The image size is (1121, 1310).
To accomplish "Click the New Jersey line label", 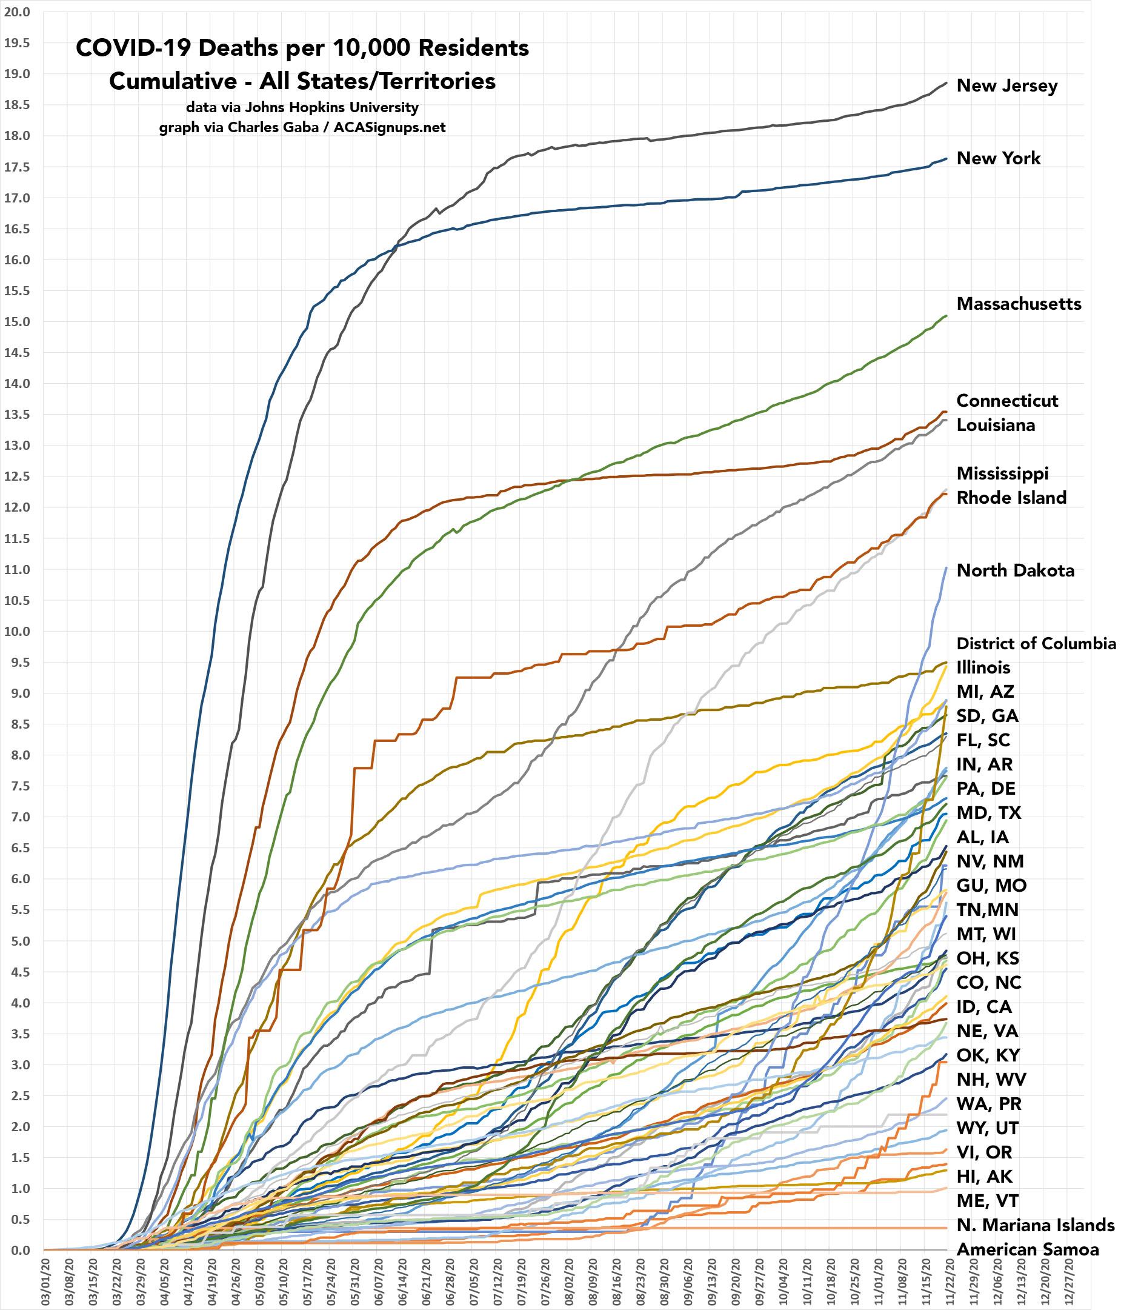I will [x=1006, y=86].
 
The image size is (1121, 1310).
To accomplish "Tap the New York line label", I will [x=999, y=158].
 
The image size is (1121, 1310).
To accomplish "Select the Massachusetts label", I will [x=1019, y=304].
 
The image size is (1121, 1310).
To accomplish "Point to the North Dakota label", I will [x=1016, y=571].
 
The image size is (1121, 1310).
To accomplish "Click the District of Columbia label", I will [x=1036, y=644].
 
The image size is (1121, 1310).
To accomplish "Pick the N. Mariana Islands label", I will [x=1035, y=1225].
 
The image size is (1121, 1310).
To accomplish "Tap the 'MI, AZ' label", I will [x=985, y=692].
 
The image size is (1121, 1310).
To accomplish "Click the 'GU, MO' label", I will [x=991, y=886].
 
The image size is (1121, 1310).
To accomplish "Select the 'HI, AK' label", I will [x=985, y=1177].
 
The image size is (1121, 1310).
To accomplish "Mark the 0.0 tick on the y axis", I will [x=19, y=1250].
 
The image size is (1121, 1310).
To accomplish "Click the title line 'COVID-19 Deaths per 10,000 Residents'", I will [x=302, y=48].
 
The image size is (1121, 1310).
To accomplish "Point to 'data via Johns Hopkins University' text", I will [x=302, y=107].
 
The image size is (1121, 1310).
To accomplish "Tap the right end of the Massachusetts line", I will [x=946, y=315].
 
